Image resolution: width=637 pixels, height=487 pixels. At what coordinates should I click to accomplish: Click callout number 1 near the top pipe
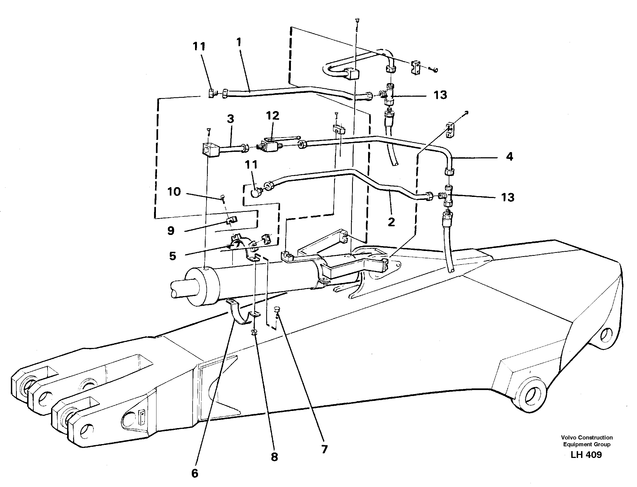[x=239, y=42]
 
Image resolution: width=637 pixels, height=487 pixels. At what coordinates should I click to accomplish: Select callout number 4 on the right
[x=509, y=157]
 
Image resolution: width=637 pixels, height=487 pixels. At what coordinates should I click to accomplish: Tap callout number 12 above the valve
[x=272, y=116]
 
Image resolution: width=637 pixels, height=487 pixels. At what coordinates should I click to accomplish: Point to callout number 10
[x=174, y=191]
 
